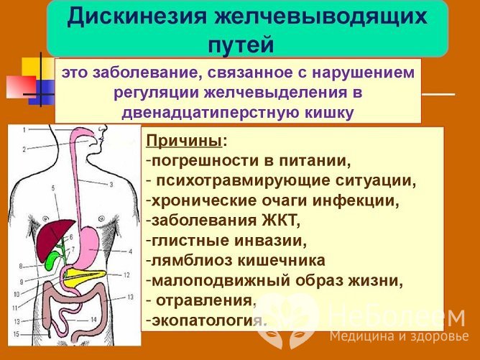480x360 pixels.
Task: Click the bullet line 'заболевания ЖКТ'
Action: (x=222, y=220)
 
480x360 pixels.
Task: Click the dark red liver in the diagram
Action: (x=53, y=237)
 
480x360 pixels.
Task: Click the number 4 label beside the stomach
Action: (x=130, y=251)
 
